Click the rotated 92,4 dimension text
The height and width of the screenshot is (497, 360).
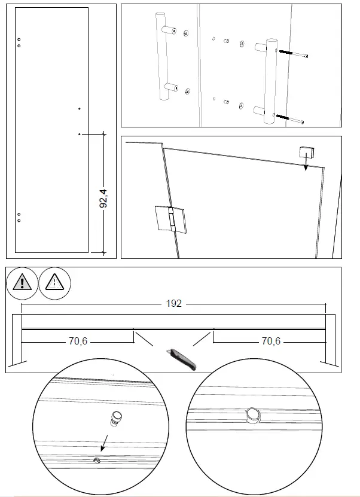tap(103, 197)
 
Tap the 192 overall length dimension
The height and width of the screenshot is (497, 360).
tap(173, 304)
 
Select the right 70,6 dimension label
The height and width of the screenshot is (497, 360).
tap(270, 342)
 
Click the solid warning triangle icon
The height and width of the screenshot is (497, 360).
tap(22, 282)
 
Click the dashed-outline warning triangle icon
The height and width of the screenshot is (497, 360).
tap(54, 282)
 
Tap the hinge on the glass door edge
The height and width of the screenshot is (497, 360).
tap(171, 218)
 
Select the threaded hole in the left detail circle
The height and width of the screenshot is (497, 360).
tap(96, 460)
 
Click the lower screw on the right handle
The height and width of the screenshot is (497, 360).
tap(289, 118)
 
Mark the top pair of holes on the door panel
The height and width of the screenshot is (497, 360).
tap(19, 42)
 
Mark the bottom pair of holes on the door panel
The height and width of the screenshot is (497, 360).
tap(19, 217)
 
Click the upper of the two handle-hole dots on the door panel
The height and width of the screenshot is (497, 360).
tap(80, 109)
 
